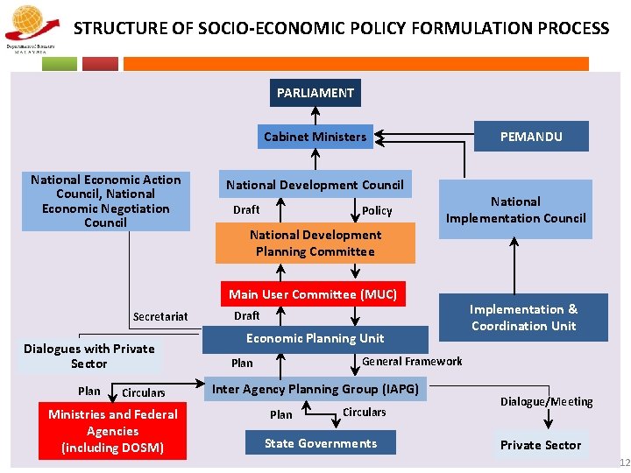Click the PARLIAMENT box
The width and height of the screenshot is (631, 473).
click(315, 93)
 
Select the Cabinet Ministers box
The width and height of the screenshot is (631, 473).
click(315, 137)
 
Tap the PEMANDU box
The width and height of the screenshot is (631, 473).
click(531, 137)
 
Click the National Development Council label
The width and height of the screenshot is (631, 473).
click(315, 185)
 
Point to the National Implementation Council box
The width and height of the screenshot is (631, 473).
click(515, 209)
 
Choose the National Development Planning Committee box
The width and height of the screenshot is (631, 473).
click(315, 244)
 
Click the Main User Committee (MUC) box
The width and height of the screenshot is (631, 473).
click(313, 294)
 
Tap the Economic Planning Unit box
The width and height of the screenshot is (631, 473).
click(315, 338)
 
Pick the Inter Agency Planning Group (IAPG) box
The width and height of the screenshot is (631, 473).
click(315, 389)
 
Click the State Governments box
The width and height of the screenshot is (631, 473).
click(320, 443)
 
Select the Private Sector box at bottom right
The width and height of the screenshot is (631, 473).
click(540, 445)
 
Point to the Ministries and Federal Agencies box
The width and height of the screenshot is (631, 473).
click(112, 431)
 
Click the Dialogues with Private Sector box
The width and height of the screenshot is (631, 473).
click(89, 356)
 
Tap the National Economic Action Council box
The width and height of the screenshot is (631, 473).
click(105, 201)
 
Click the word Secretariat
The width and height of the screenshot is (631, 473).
click(160, 316)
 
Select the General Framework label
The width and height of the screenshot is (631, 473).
click(412, 361)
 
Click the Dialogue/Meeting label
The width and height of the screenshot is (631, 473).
click(546, 401)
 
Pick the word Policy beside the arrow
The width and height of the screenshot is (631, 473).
click(377, 211)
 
